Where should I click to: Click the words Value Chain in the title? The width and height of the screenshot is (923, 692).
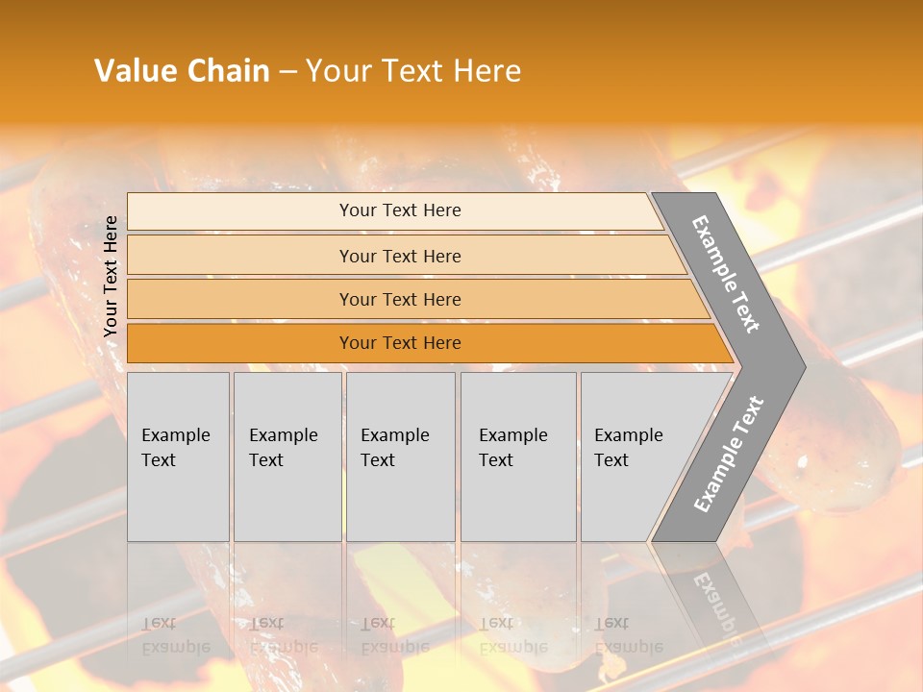[x=182, y=71]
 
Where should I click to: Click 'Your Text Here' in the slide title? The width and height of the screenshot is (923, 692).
[x=413, y=71]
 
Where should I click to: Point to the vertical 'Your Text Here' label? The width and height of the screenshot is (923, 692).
[x=112, y=276]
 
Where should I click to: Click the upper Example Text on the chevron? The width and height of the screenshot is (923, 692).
[x=726, y=274]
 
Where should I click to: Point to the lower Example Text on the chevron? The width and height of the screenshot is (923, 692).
[x=728, y=455]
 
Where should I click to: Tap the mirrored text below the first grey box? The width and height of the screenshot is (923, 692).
[x=176, y=636]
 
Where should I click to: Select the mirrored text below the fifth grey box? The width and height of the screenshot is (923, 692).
[x=629, y=636]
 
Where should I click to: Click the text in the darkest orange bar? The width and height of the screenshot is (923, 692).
[x=400, y=343]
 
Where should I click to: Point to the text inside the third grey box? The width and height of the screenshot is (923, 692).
[x=395, y=448]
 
